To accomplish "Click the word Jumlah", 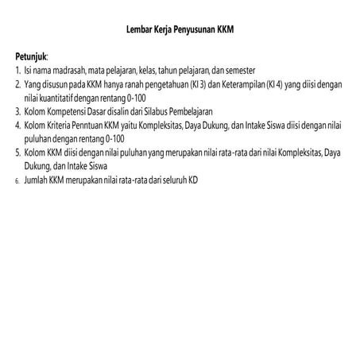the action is coord(35,181).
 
